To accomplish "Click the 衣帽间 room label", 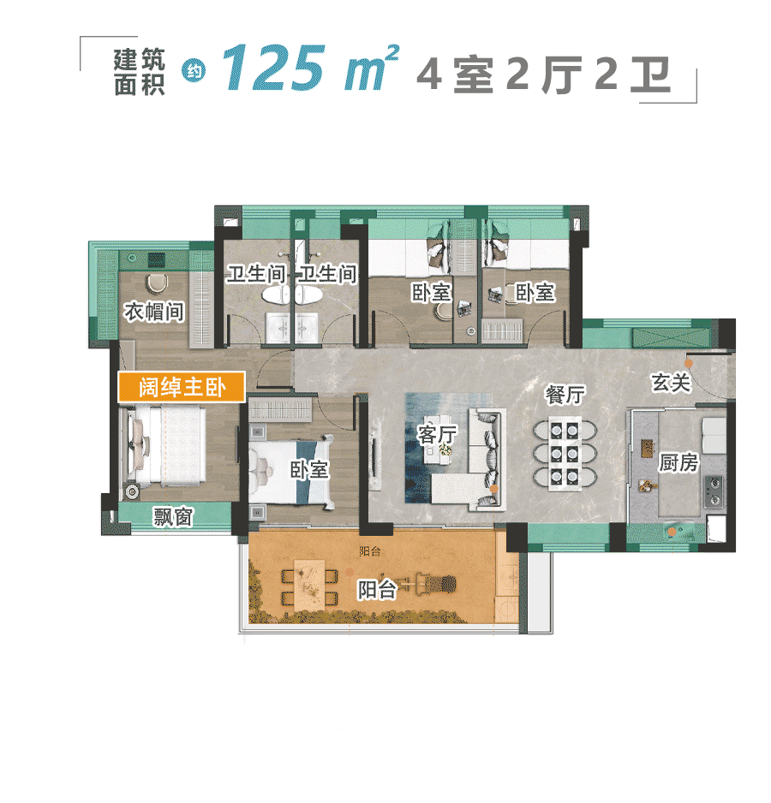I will [154, 312].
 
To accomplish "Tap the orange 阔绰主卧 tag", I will [182, 387].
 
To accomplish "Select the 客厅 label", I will [436, 435].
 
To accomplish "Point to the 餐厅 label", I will [565, 395].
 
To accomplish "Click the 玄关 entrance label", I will [671, 383].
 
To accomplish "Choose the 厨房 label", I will [678, 463].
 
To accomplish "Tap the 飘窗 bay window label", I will [173, 517].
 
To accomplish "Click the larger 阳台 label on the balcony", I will [377, 589].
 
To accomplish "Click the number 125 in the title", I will [278, 68].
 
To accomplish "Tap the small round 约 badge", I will [192, 72].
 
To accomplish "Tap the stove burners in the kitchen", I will [714, 489].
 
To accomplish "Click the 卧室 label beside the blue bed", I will [309, 470].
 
